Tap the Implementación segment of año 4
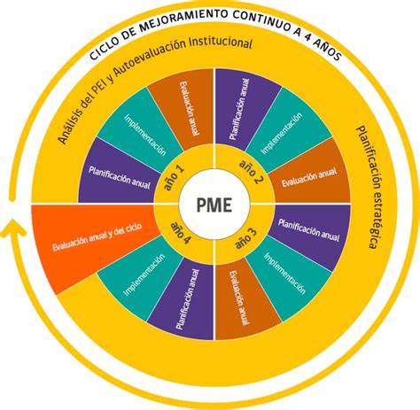pyautogui.click(x=143, y=275)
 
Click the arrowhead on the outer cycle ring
pyautogui.click(x=12, y=233)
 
